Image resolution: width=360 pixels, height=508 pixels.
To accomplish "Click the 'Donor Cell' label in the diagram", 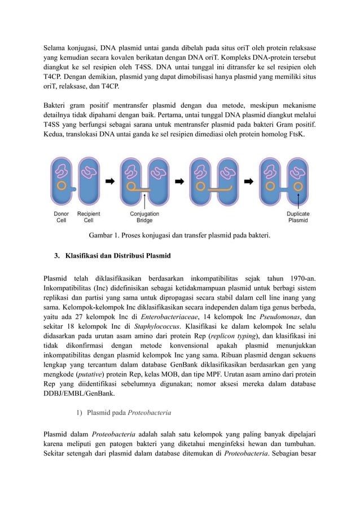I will [x=61, y=217].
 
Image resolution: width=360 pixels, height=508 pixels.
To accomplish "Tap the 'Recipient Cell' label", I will [x=89, y=217].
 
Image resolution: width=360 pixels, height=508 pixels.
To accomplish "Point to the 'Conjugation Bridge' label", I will [x=145, y=217].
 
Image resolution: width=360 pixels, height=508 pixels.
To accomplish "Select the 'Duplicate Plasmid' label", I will [x=298, y=217].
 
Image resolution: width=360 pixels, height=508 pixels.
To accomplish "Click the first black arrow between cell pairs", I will [x=110, y=182].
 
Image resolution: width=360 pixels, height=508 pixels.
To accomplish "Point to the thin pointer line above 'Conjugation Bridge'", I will [x=146, y=201].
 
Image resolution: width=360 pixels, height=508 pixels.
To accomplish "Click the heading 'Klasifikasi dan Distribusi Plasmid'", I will [x=117, y=257].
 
